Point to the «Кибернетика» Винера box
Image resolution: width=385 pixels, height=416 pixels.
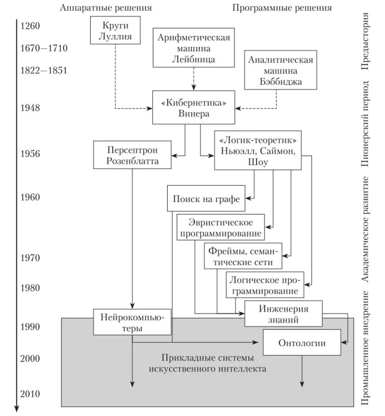coord(194,108)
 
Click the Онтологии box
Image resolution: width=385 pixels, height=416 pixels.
coord(301,342)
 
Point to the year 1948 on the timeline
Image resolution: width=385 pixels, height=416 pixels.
coord(30,108)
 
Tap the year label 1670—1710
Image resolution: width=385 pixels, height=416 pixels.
coord(44,48)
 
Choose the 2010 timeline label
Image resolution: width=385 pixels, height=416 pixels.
coord(30,394)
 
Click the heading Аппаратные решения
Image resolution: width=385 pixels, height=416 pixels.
coord(106,8)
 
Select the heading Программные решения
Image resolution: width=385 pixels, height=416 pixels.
coord(281,8)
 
